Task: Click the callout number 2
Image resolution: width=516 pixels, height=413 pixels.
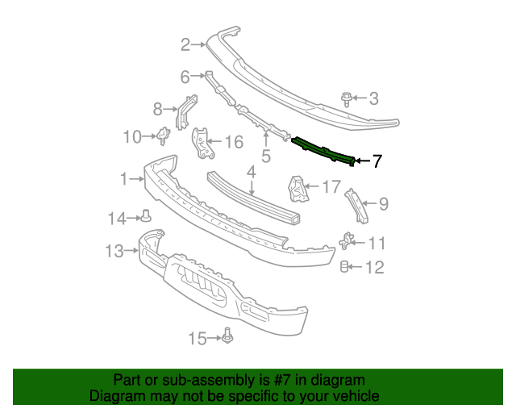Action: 185,44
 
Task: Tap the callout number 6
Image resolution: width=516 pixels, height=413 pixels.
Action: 185,77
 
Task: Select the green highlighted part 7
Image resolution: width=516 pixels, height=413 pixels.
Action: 322,150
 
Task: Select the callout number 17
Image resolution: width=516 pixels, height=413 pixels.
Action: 331,187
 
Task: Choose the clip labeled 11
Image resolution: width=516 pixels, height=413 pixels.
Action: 348,241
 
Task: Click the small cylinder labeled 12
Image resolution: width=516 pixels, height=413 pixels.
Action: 344,266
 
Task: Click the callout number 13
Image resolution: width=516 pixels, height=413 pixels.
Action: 114,252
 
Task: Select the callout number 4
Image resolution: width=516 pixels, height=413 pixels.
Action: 251,172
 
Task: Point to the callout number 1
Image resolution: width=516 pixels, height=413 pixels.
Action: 123,178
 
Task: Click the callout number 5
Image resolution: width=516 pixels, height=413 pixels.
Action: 265,156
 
